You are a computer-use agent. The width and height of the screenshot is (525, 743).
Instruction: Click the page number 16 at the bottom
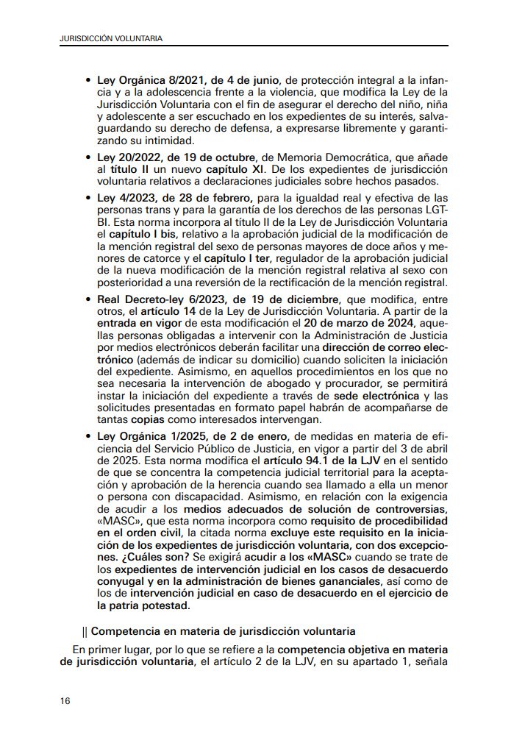[x=65, y=701]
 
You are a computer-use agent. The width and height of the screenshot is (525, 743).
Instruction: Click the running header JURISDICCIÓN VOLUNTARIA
[x=111, y=37]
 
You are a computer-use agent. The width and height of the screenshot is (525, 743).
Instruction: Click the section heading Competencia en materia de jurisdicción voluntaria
[x=223, y=631]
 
